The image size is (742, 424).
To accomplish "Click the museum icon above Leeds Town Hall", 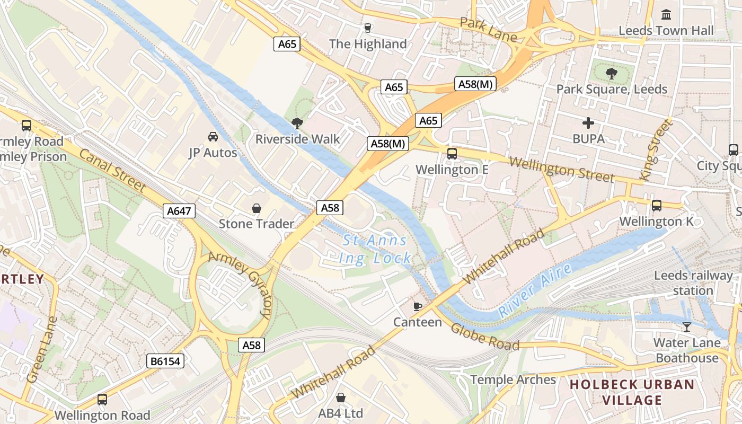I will [666, 14].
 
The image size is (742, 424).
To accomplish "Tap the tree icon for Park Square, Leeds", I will [612, 73].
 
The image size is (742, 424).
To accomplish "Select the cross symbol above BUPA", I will [588, 123].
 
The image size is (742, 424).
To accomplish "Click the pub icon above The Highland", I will [367, 28].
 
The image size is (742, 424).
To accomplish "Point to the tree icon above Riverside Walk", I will [297, 123].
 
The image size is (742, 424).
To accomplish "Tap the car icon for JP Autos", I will [213, 137].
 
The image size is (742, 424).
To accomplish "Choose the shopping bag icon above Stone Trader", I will [257, 208].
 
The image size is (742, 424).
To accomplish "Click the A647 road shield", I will [179, 211].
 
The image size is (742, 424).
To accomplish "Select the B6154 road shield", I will [165, 361].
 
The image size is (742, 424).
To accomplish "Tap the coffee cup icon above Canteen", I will [418, 306].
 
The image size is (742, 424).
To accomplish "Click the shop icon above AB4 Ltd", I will [341, 397].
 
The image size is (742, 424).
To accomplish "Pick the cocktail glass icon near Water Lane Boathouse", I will [687, 326].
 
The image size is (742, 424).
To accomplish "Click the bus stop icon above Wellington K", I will [656, 205].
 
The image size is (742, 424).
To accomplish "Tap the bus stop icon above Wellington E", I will [452, 154].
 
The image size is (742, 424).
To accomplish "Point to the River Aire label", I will [535, 290].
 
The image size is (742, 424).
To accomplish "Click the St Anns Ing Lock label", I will [375, 249].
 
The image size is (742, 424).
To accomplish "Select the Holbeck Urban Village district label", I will [632, 392].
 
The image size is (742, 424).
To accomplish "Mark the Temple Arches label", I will [513, 379].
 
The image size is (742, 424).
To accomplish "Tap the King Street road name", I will [656, 150].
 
